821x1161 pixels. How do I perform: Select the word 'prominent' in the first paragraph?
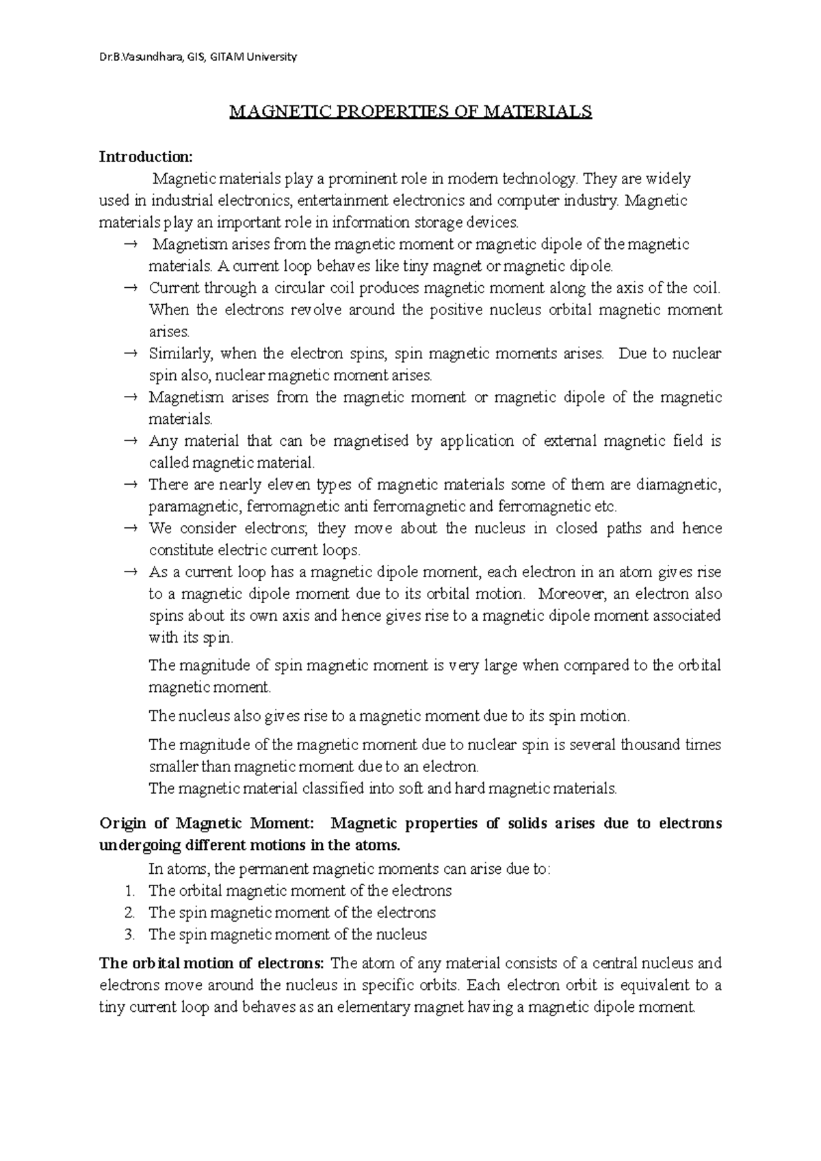357,179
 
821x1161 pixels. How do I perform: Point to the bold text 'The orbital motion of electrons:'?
211,964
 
